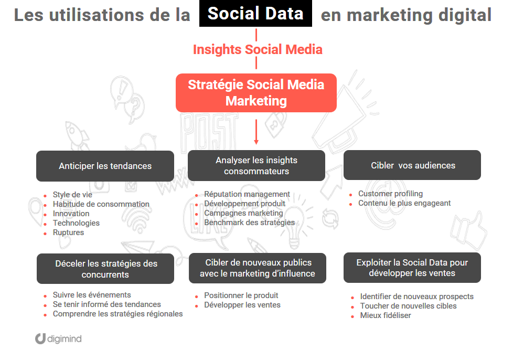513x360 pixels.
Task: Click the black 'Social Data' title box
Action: click(x=255, y=14)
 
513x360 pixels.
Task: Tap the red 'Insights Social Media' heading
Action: click(x=258, y=50)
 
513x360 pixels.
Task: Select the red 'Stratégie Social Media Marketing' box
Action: click(x=256, y=93)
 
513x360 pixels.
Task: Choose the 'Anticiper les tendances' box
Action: click(x=105, y=166)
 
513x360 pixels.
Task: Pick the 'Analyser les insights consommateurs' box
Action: click(x=256, y=166)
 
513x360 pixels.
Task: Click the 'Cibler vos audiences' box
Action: click(x=412, y=165)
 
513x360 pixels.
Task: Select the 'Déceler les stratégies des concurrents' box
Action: click(x=105, y=269)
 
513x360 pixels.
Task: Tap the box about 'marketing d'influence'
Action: click(x=258, y=268)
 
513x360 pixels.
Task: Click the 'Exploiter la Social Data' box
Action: click(x=412, y=268)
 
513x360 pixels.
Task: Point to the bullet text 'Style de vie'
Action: click(x=72, y=195)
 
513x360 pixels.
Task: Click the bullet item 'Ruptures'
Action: click(x=68, y=232)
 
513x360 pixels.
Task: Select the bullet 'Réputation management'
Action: click(x=247, y=194)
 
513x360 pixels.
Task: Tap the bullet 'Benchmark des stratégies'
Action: click(x=250, y=223)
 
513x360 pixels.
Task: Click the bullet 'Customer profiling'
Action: click(x=391, y=194)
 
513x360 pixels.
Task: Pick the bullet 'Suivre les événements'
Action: click(x=92, y=295)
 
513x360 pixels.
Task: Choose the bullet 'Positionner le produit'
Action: click(x=241, y=295)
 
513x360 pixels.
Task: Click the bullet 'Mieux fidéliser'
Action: click(x=386, y=315)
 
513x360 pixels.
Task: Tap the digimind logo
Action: click(x=59, y=338)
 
